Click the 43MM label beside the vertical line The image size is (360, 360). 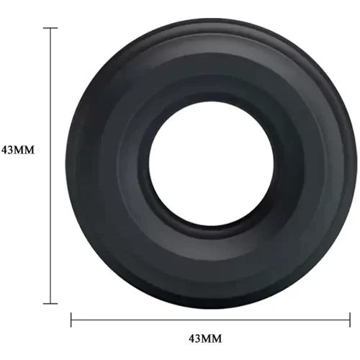[x=18, y=150]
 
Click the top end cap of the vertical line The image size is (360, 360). [x=50, y=28]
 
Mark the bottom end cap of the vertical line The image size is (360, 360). [x=50, y=304]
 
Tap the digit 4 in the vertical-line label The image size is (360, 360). [x=5, y=150]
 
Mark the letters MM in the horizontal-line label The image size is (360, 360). [x=212, y=338]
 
